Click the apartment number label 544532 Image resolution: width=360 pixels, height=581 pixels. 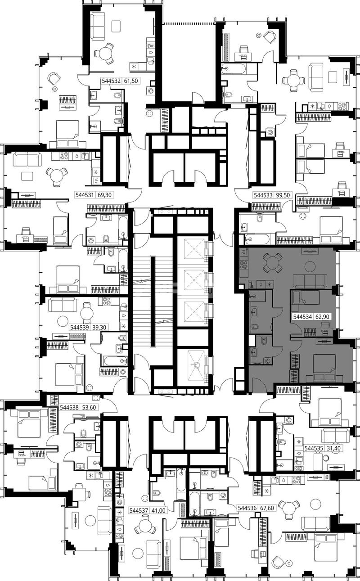[111, 81]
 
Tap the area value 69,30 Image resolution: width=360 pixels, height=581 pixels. [104, 195]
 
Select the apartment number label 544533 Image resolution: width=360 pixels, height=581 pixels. [263, 195]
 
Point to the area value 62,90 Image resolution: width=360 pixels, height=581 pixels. [322, 317]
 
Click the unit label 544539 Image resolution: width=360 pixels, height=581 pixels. [80, 328]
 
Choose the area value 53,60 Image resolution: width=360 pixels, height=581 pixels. [89, 407]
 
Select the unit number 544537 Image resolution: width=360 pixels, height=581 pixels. [139, 511]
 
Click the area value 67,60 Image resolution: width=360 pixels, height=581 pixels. [266, 508]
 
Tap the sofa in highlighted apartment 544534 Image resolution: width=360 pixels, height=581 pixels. [309, 281]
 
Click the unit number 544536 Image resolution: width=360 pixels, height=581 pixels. [247, 508]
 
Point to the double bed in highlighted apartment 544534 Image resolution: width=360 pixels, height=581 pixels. [324, 367]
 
